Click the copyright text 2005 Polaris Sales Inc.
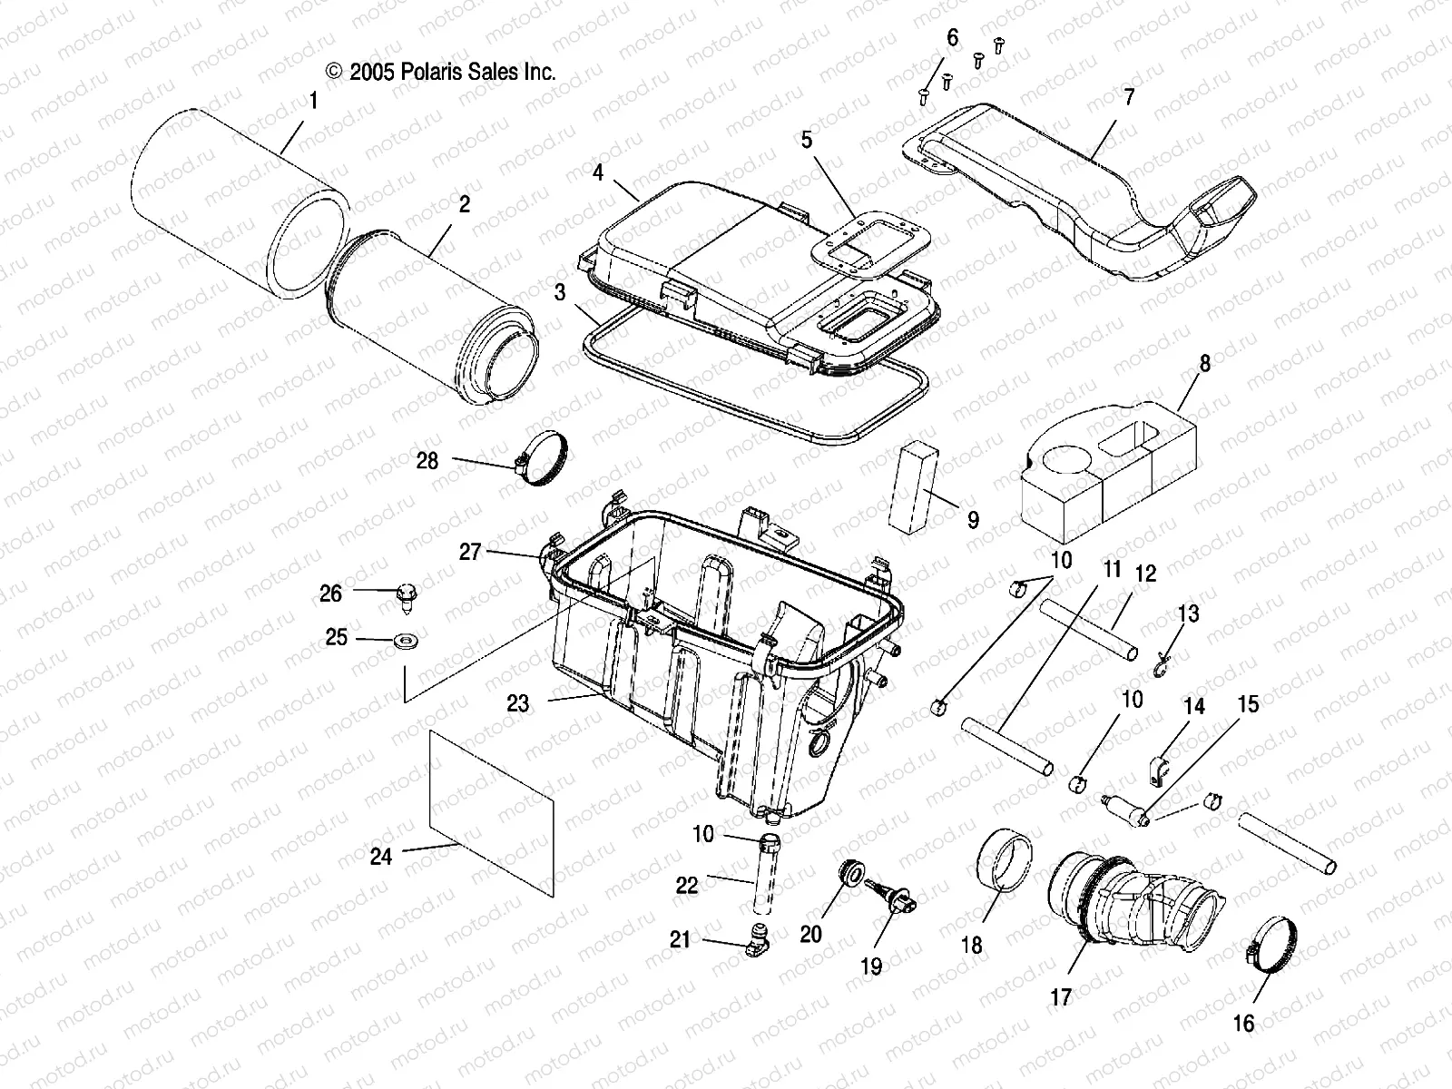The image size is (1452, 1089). coord(441,73)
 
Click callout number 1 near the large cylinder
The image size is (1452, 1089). coord(313,102)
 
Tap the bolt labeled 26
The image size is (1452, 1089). coord(407,596)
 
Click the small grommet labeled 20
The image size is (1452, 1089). coord(851,874)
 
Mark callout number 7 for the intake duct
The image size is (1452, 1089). coord(1129,97)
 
